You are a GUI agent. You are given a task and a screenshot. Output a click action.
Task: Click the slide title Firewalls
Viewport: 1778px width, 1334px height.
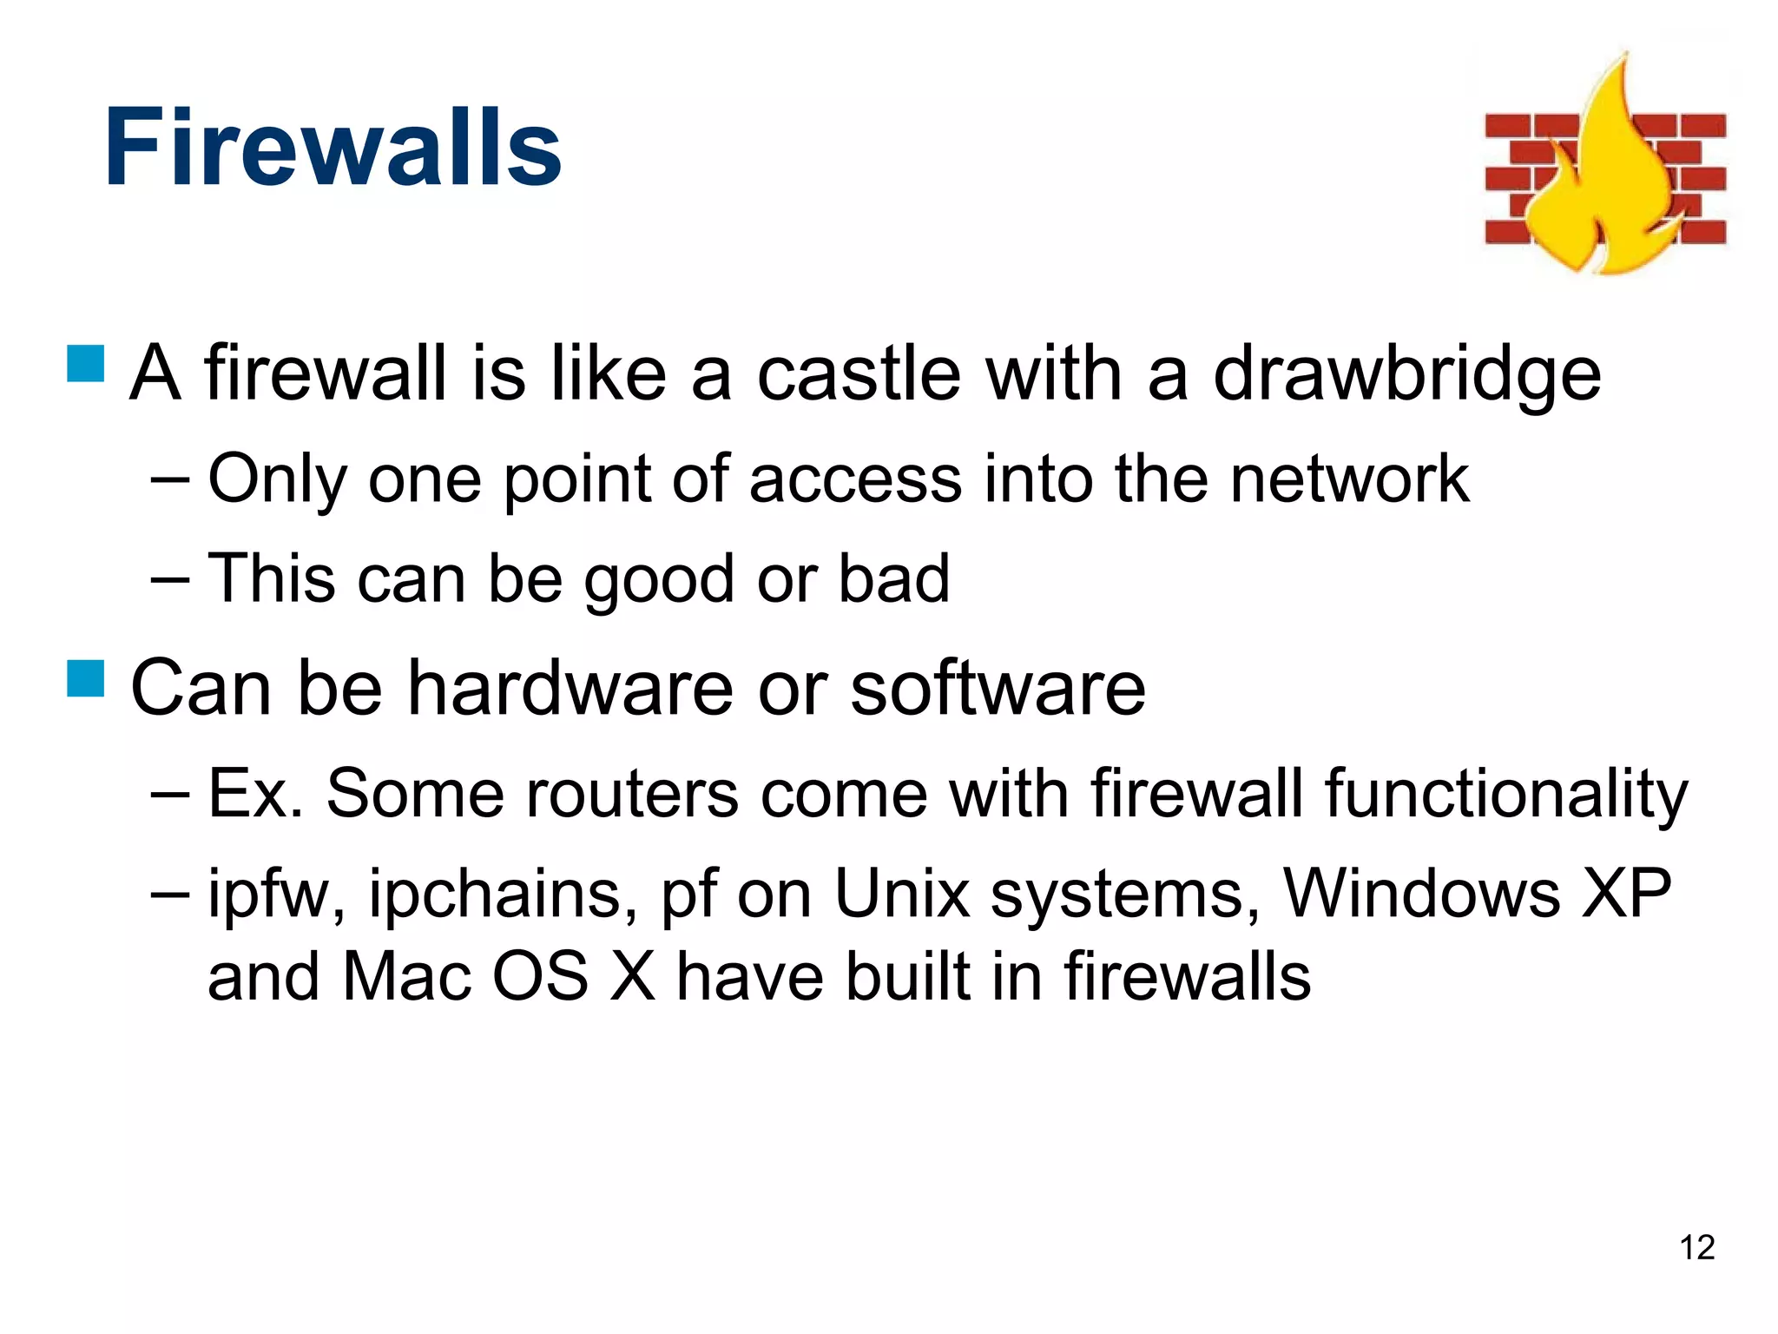tap(333, 148)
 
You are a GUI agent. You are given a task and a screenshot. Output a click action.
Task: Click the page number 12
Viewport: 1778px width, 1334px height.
tap(1696, 1248)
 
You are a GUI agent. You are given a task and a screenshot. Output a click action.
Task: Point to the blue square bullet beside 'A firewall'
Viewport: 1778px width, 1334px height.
tap(85, 364)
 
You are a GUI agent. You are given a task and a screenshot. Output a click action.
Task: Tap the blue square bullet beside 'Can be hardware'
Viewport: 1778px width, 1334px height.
tap(85, 678)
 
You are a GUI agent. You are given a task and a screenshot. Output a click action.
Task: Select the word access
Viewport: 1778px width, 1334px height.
tap(855, 480)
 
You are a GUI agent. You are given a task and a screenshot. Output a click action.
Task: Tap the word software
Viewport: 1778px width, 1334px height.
tap(998, 688)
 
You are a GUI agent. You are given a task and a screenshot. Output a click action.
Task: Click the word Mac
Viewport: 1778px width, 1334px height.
tap(406, 976)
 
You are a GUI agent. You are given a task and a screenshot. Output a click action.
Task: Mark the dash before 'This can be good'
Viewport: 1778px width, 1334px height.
tap(169, 578)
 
